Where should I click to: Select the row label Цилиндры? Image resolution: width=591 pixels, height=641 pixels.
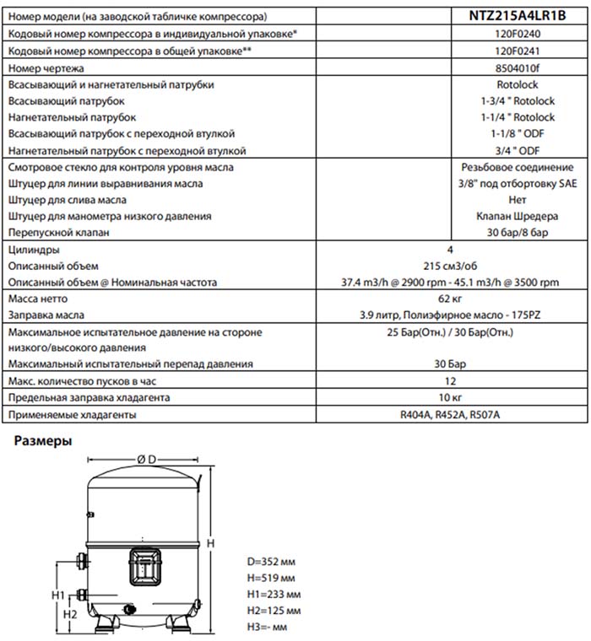33,250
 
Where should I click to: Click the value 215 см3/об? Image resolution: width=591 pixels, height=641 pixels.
449,266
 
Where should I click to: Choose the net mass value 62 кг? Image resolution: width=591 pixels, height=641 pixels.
449,299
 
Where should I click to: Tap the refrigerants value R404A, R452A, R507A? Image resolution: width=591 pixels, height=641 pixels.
449,415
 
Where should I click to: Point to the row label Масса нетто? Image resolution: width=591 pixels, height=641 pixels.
37,299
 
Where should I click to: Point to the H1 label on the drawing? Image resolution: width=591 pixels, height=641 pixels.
57,595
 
